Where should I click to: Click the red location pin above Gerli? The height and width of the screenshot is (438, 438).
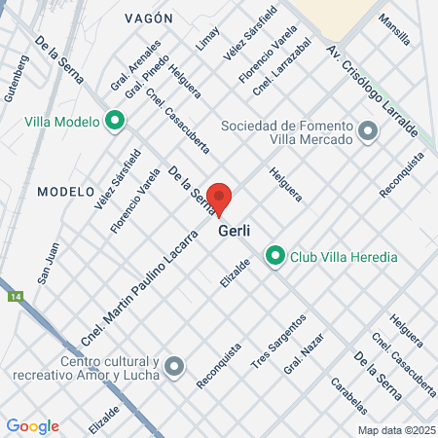[220, 198]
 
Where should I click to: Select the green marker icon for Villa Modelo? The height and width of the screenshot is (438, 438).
[115, 122]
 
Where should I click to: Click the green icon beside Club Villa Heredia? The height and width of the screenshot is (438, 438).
[274, 257]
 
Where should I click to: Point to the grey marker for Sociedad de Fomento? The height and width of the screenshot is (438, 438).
[368, 129]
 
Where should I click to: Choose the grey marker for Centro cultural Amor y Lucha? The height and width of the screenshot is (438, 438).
[174, 366]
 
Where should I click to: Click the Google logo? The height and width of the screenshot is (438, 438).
[32, 425]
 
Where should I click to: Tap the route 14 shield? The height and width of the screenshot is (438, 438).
[14, 295]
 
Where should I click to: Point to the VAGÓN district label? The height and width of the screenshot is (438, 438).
[148, 18]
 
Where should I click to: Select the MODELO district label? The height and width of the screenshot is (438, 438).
[65, 192]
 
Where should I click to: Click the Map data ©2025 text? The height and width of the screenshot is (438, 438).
[394, 429]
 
